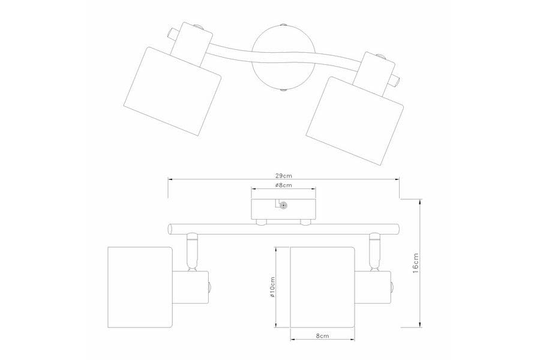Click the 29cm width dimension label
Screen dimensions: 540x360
(x=283, y=175)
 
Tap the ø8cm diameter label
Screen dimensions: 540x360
(x=283, y=185)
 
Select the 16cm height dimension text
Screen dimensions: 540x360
(x=416, y=263)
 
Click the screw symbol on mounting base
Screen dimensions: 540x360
(x=284, y=206)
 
